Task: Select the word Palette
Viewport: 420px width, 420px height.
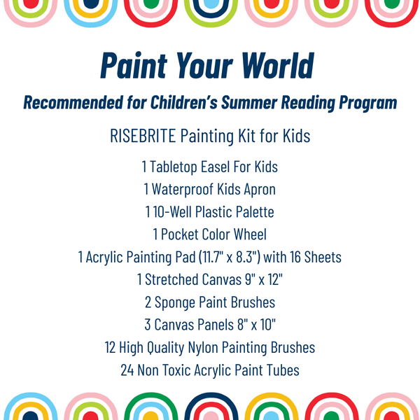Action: click(x=251, y=212)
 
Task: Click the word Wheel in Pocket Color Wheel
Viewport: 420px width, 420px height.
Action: click(x=249, y=234)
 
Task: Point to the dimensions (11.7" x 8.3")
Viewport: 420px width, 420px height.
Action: click(x=222, y=258)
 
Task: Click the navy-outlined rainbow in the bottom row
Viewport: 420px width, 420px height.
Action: click(x=209, y=408)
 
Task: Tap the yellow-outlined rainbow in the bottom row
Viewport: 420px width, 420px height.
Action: click(x=271, y=408)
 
